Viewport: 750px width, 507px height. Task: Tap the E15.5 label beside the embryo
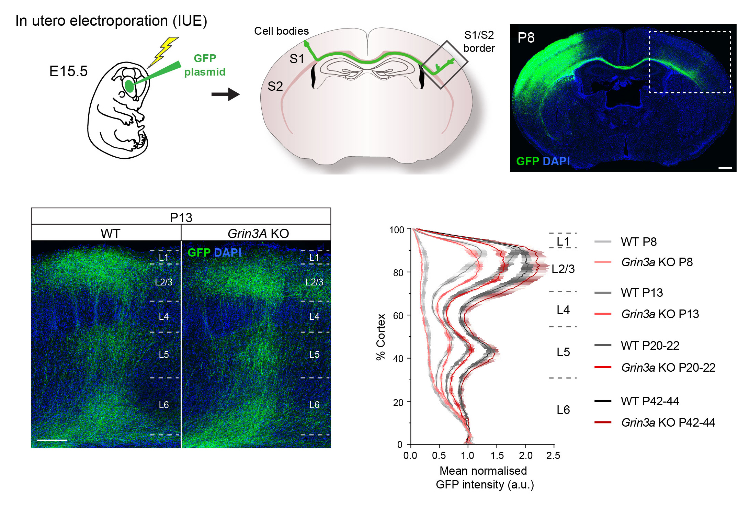point(68,71)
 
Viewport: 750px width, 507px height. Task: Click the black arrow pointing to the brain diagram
point(225,94)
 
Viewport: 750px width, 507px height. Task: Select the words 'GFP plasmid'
point(205,65)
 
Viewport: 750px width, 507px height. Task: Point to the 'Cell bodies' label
point(281,31)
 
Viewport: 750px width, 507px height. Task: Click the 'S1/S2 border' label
point(479,42)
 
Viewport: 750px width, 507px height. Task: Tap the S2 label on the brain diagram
point(275,86)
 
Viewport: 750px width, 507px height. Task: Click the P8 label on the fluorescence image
point(526,38)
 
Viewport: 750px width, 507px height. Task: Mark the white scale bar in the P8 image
point(725,168)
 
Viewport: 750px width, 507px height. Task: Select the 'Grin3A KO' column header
point(258,234)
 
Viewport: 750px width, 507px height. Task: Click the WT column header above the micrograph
point(110,234)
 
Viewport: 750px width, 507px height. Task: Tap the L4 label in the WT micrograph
point(163,316)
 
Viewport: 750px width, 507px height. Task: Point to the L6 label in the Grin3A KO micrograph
point(314,405)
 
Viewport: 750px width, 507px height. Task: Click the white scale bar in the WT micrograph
point(52,440)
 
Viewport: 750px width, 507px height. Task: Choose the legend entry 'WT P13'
point(641,293)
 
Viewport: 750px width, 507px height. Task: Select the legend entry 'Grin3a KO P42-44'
point(668,422)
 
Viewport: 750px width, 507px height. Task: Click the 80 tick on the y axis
point(398,273)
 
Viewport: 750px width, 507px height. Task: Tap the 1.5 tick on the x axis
point(497,455)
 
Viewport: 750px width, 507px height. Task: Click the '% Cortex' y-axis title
point(381,337)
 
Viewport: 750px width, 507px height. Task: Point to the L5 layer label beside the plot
point(563,352)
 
